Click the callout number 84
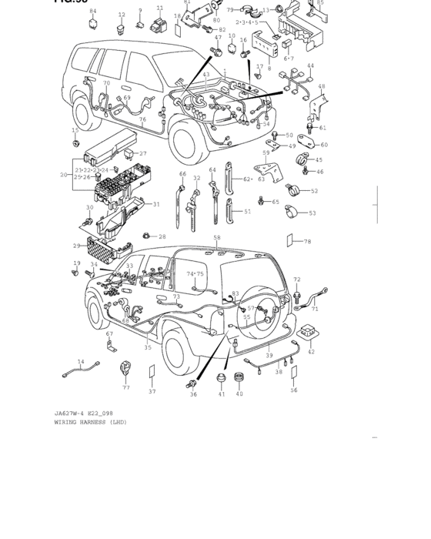pos(93,12)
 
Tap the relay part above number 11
pos(159,25)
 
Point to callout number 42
pos(311,352)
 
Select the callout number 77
pos(126,387)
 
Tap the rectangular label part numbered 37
pos(152,373)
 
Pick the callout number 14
pos(81,361)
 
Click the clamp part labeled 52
pos(293,189)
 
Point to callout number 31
pos(156,204)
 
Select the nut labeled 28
pos(146,236)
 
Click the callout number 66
pos(182,174)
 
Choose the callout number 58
pos(217,238)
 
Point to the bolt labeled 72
pos(297,293)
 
